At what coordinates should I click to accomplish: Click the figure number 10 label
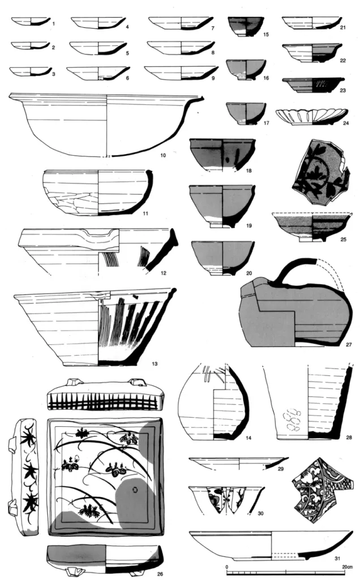(163, 155)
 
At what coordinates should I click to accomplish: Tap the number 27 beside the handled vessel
(349, 344)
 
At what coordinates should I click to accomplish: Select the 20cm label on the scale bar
(348, 567)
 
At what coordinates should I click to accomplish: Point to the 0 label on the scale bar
(227, 567)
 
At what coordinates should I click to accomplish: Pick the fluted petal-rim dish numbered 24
(312, 117)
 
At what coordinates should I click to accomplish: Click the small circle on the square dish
(135, 490)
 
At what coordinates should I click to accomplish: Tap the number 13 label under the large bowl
(155, 363)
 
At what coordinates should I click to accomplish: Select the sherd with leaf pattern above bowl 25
(320, 172)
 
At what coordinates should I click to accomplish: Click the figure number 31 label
(337, 558)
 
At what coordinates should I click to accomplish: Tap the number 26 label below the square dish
(160, 574)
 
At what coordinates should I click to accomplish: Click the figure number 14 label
(248, 438)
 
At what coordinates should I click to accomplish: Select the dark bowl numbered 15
(246, 27)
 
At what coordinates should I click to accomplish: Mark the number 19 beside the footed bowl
(248, 225)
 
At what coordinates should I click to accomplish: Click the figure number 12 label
(164, 273)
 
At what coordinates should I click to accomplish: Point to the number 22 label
(342, 60)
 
